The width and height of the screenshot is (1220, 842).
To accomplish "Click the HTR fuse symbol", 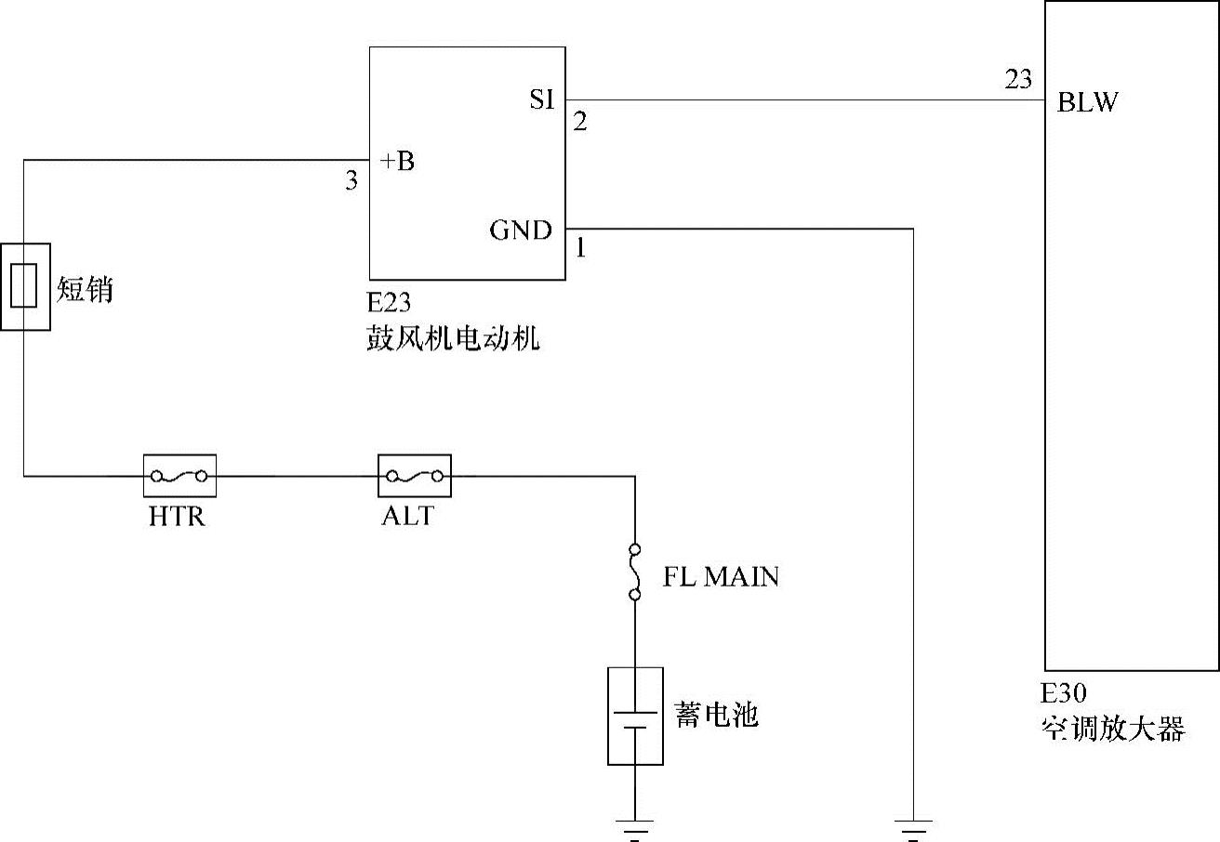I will (179, 477).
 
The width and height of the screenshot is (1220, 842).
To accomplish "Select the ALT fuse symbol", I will (414, 477).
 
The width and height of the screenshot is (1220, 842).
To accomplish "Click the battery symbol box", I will (635, 716).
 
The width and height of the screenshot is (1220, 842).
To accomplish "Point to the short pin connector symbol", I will (24, 286).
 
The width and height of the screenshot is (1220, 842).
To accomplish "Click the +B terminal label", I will (397, 162).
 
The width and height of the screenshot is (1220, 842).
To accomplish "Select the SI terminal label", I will (541, 99).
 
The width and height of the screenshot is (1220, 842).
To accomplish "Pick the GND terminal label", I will (521, 230).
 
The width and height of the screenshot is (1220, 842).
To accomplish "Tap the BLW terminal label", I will (1087, 102).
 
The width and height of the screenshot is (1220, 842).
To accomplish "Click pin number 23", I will (1018, 80).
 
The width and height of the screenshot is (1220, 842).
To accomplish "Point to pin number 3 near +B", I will (351, 181).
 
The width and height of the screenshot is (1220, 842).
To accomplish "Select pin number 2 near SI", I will (580, 122).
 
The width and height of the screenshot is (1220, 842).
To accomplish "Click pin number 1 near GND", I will (580, 249).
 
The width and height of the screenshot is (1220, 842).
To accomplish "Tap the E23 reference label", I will (389, 303).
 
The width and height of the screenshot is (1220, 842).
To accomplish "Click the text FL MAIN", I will (721, 577).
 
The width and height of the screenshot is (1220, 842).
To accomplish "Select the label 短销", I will (85, 290).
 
